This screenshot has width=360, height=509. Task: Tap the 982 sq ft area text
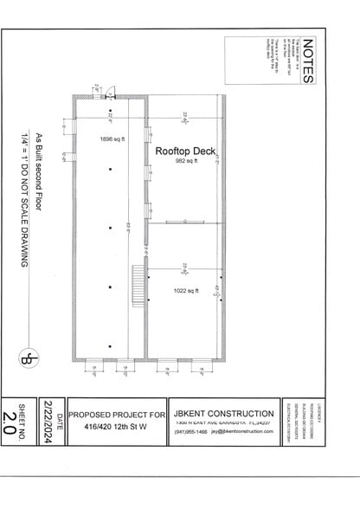(x=186, y=161)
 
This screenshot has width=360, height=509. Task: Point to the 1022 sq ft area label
(x=186, y=291)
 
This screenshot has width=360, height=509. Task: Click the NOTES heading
(x=308, y=61)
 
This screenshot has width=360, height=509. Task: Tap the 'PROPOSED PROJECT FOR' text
(x=117, y=414)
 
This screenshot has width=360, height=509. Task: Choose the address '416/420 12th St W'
(x=117, y=427)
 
